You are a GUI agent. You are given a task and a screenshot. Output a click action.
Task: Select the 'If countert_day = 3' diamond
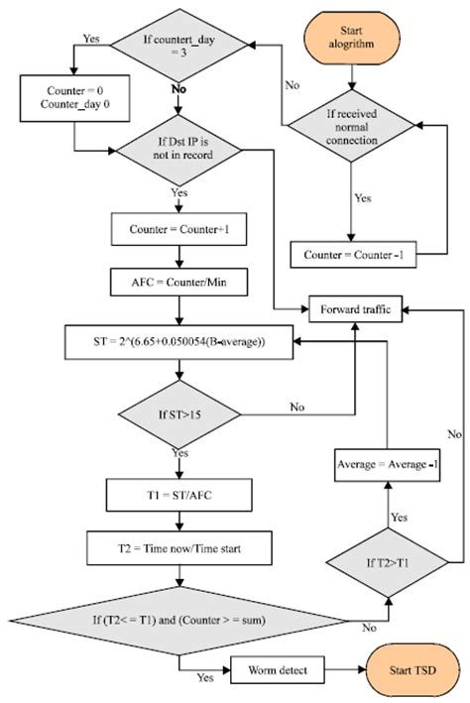pyautogui.click(x=179, y=44)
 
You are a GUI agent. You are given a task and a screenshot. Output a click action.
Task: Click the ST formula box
pyautogui.click(x=179, y=341)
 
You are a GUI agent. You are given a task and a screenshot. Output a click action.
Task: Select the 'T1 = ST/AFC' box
pyautogui.click(x=179, y=492)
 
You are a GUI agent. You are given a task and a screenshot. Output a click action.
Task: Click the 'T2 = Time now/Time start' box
pyautogui.click(x=179, y=545)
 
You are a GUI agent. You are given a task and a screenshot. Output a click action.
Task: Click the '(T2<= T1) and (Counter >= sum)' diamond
pyautogui.click(x=179, y=621)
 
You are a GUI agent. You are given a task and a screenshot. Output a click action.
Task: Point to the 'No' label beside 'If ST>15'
pyautogui.click(x=295, y=406)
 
